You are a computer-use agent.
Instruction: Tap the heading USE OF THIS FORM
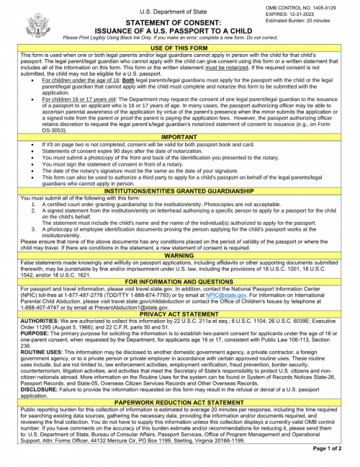180,48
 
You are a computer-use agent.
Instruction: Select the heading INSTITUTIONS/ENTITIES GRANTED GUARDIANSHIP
180,190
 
